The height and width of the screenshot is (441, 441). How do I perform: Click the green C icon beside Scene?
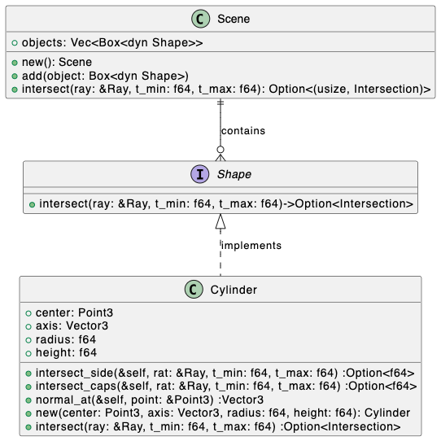pos(200,19)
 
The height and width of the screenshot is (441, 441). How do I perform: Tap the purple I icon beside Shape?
pos(200,174)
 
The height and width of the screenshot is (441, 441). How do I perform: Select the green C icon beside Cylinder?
pos(194,290)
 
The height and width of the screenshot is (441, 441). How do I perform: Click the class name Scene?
pos(234,20)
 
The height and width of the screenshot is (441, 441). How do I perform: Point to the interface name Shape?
pos(234,174)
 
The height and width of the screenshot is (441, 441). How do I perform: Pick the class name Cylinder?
pos(234,290)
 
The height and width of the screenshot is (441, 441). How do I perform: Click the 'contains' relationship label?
pos(243,131)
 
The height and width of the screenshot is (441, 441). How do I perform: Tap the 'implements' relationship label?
pos(251,246)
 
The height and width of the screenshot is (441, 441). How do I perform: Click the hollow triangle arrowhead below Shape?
pos(220,221)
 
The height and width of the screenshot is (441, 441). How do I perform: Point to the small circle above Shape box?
pos(220,150)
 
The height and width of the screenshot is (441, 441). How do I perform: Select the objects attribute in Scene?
pos(112,43)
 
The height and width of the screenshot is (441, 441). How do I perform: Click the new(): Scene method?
pos(57,62)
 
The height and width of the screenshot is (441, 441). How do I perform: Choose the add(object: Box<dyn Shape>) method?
pos(105,76)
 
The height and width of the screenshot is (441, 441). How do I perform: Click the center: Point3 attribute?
pos(74,312)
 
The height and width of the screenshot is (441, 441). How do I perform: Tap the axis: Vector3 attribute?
pos(72,326)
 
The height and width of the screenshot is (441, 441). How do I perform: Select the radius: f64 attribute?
pos(66,339)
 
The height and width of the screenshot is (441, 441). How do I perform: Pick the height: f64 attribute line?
pos(66,352)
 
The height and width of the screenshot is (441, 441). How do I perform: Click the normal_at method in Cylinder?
pos(150,400)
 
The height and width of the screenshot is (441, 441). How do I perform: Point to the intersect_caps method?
pos(226,386)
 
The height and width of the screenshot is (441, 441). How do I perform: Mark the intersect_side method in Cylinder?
pos(225,373)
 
